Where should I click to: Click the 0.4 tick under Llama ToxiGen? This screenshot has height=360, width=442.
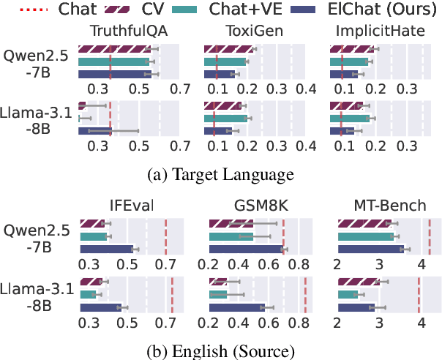point(305,146)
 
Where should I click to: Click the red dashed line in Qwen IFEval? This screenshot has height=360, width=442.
point(165,236)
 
